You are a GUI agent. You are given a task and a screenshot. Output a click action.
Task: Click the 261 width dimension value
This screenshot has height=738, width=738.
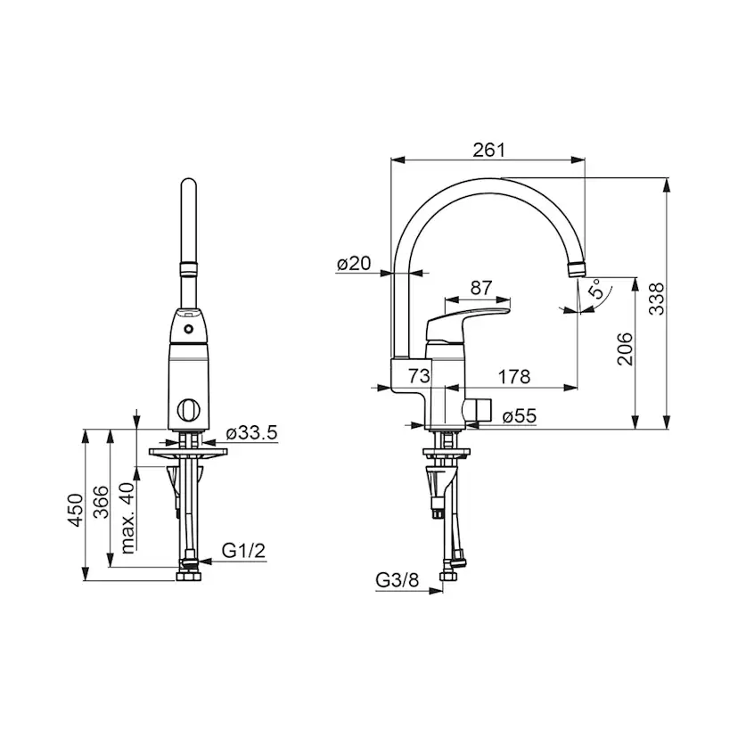(x=488, y=150)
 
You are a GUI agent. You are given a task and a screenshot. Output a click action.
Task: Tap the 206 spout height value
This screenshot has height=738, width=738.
(x=625, y=348)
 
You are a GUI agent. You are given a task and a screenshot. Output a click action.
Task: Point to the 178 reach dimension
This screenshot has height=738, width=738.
(x=514, y=376)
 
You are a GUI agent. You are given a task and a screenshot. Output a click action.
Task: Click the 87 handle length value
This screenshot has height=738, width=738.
(x=481, y=288)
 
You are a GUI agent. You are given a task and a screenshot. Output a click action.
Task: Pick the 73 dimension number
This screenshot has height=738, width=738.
(x=419, y=375)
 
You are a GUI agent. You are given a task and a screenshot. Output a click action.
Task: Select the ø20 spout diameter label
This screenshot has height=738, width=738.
(x=354, y=263)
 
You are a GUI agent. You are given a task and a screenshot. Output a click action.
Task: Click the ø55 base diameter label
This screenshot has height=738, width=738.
(x=519, y=415)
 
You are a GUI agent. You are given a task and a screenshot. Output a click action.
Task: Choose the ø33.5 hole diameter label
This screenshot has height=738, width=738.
(x=252, y=432)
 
